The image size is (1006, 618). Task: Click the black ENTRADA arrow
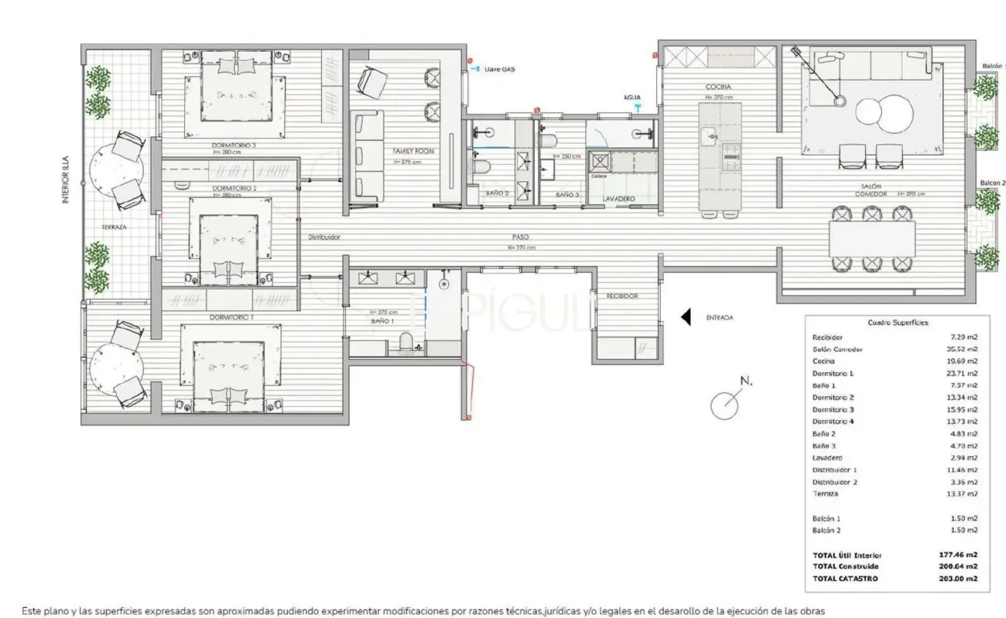tap(686, 317)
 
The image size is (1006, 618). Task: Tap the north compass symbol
tap(725, 405)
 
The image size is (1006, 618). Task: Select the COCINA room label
tap(717, 87)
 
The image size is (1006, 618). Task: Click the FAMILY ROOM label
tap(406, 152)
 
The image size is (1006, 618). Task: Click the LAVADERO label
tap(619, 199)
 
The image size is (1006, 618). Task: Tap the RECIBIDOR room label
tap(621, 296)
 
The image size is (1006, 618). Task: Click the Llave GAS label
tap(499, 69)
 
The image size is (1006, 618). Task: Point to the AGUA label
tap(632, 98)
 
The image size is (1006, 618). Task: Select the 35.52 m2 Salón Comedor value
tap(963, 350)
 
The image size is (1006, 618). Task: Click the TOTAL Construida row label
tap(845, 567)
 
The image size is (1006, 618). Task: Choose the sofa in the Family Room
tap(368, 158)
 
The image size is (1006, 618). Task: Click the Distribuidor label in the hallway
tap(323, 237)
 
